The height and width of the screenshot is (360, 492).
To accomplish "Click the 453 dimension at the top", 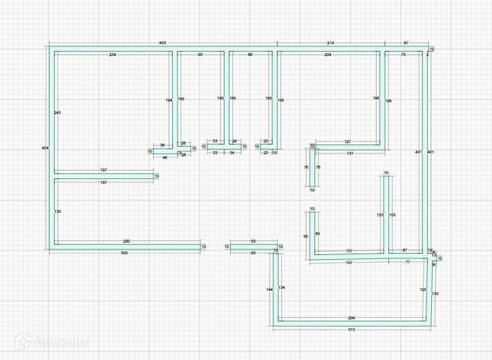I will coord(163,43).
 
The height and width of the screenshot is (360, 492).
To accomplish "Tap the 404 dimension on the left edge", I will coord(46,148).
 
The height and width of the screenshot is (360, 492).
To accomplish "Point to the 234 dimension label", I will coord(113,54).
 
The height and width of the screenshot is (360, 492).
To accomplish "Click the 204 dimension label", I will coord(328,54).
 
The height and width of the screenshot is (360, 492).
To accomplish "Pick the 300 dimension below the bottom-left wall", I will coord(124,254).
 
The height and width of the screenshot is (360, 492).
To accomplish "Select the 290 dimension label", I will coord(126,241).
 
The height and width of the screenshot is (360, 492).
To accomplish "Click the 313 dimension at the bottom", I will coord(351,330).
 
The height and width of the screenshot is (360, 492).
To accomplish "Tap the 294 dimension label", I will coord(351,317).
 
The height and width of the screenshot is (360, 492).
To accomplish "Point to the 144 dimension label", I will coord(269,290).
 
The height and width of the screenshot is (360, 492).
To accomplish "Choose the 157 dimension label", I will coord(349,263).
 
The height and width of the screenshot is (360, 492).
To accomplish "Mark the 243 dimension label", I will coord(57,113).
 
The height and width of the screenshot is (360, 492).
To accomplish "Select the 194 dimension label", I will coord(169,101).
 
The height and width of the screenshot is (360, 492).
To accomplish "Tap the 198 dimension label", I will coord(388,101).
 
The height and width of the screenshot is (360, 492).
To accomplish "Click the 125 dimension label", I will coord(423,289).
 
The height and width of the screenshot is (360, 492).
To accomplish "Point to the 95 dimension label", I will coord(305,237).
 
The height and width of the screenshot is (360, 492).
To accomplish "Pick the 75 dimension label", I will coord(404,54).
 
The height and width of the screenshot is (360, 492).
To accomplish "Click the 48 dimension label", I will coord(164,158).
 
